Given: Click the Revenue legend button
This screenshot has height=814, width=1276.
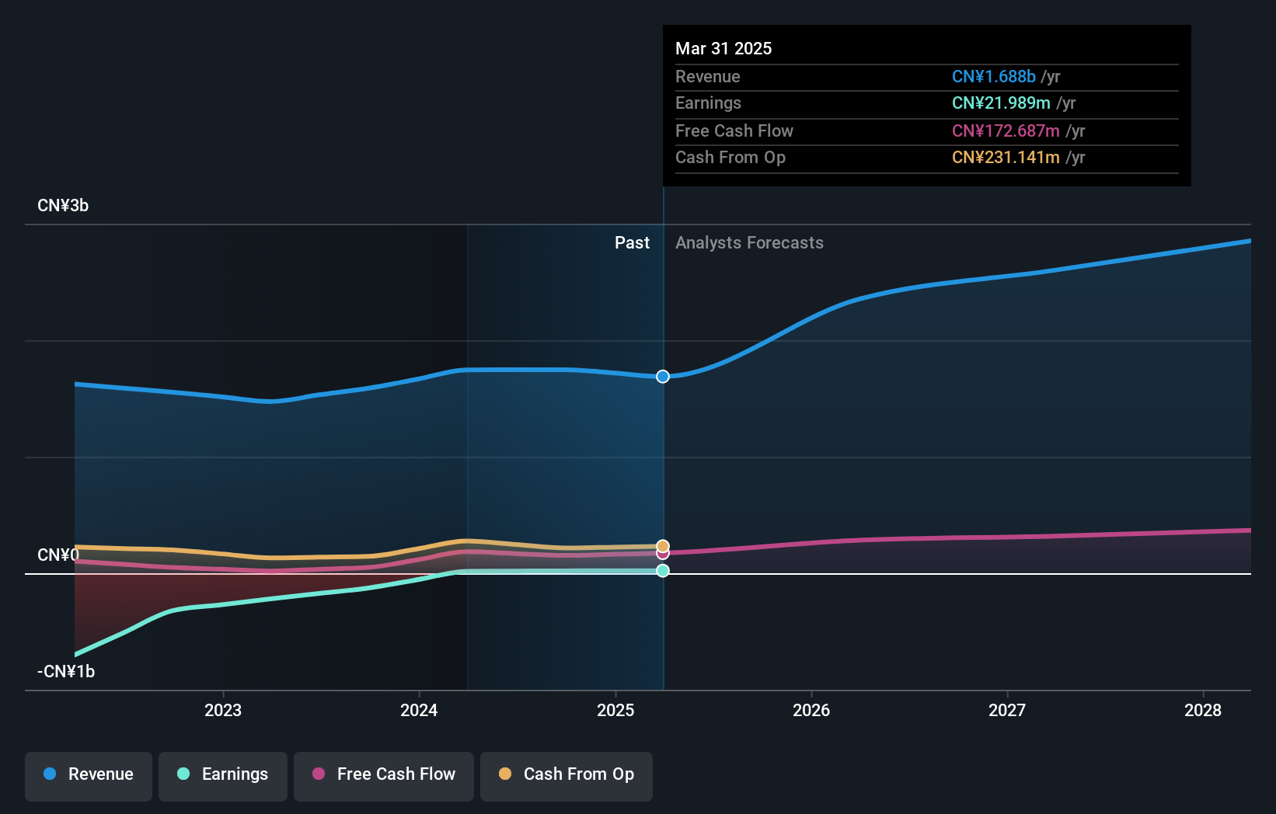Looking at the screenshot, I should click(89, 775).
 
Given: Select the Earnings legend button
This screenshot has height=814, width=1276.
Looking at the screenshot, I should click(223, 775).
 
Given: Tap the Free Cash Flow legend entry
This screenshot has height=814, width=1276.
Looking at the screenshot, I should click(384, 775).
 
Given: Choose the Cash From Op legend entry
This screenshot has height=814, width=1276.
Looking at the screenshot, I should click(567, 775).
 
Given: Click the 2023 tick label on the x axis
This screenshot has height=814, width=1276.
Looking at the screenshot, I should click(223, 711).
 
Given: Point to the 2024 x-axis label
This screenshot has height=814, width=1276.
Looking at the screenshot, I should click(419, 711).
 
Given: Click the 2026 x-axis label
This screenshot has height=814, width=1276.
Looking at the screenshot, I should click(811, 711).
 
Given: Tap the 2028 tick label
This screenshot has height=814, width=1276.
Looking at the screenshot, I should click(1203, 711).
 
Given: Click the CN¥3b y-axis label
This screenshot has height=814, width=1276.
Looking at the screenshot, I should click(63, 206).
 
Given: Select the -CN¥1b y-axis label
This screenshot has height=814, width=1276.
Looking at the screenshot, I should click(66, 672).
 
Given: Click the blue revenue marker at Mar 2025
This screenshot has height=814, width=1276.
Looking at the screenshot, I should click(663, 377).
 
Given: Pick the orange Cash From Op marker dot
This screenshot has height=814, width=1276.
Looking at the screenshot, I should click(663, 546).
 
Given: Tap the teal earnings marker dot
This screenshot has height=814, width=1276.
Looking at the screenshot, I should click(663, 571).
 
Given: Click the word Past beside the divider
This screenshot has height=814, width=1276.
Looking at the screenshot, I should click(632, 243).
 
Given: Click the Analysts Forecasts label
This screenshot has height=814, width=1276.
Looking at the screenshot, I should click(749, 243).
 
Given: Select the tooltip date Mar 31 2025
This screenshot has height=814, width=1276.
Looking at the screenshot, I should click(723, 49).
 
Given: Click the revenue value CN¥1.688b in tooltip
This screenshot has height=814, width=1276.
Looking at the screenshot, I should click(994, 77).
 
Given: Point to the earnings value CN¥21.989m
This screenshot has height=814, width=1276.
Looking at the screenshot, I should click(1001, 103).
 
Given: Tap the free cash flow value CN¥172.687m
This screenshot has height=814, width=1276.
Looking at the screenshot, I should click(1006, 131).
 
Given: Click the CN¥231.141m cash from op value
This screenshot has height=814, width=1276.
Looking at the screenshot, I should click(1006, 158).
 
